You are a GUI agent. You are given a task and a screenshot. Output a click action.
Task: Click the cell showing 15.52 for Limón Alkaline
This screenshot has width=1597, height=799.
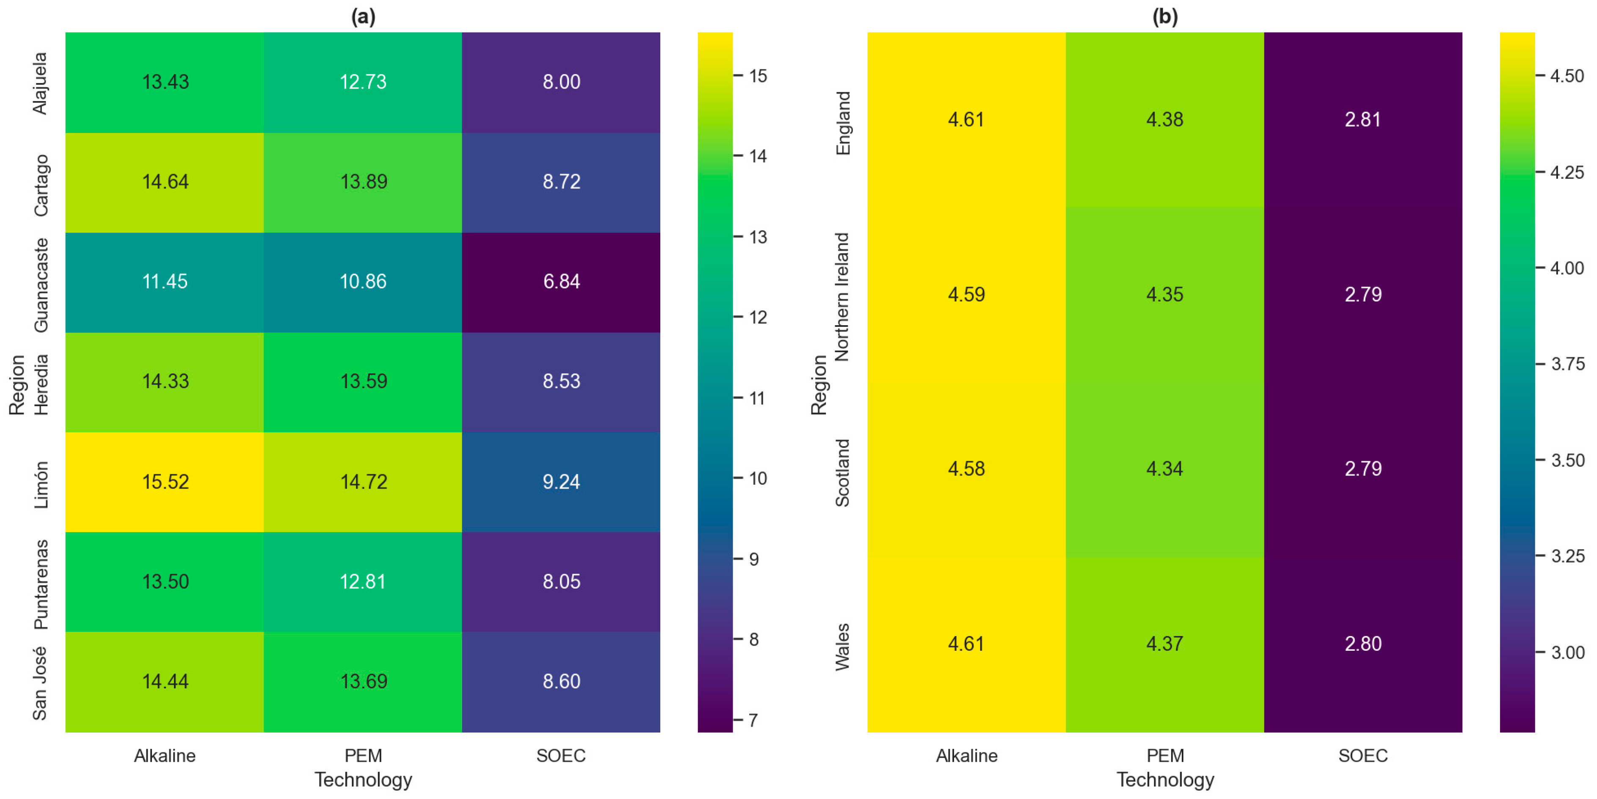pos(165,481)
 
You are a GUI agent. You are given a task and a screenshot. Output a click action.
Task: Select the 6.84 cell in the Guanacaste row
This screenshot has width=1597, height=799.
pos(561,282)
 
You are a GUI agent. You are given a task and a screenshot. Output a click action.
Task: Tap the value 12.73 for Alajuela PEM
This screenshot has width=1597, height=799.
pos(363,82)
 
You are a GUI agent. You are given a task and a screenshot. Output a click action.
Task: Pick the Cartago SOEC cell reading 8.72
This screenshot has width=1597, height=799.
pos(561,182)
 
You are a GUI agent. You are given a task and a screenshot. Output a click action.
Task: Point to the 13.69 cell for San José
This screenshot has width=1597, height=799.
pos(363,681)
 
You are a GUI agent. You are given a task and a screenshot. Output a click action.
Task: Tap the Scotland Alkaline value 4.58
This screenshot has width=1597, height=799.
pos(966,468)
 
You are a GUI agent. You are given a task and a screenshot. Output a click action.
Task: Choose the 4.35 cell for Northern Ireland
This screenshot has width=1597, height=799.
pos(1164,294)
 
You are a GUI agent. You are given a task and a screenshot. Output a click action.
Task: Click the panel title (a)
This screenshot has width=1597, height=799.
pos(363,16)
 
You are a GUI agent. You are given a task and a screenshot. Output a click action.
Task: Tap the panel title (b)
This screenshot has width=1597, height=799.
pos(1164,16)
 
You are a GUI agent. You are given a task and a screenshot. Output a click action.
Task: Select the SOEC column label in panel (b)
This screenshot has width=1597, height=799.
pos(1363,755)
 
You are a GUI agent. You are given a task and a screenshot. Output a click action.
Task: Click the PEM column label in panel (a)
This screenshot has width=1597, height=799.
pos(363,755)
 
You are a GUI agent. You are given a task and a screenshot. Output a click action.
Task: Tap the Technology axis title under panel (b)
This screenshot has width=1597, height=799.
pos(1165,780)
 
